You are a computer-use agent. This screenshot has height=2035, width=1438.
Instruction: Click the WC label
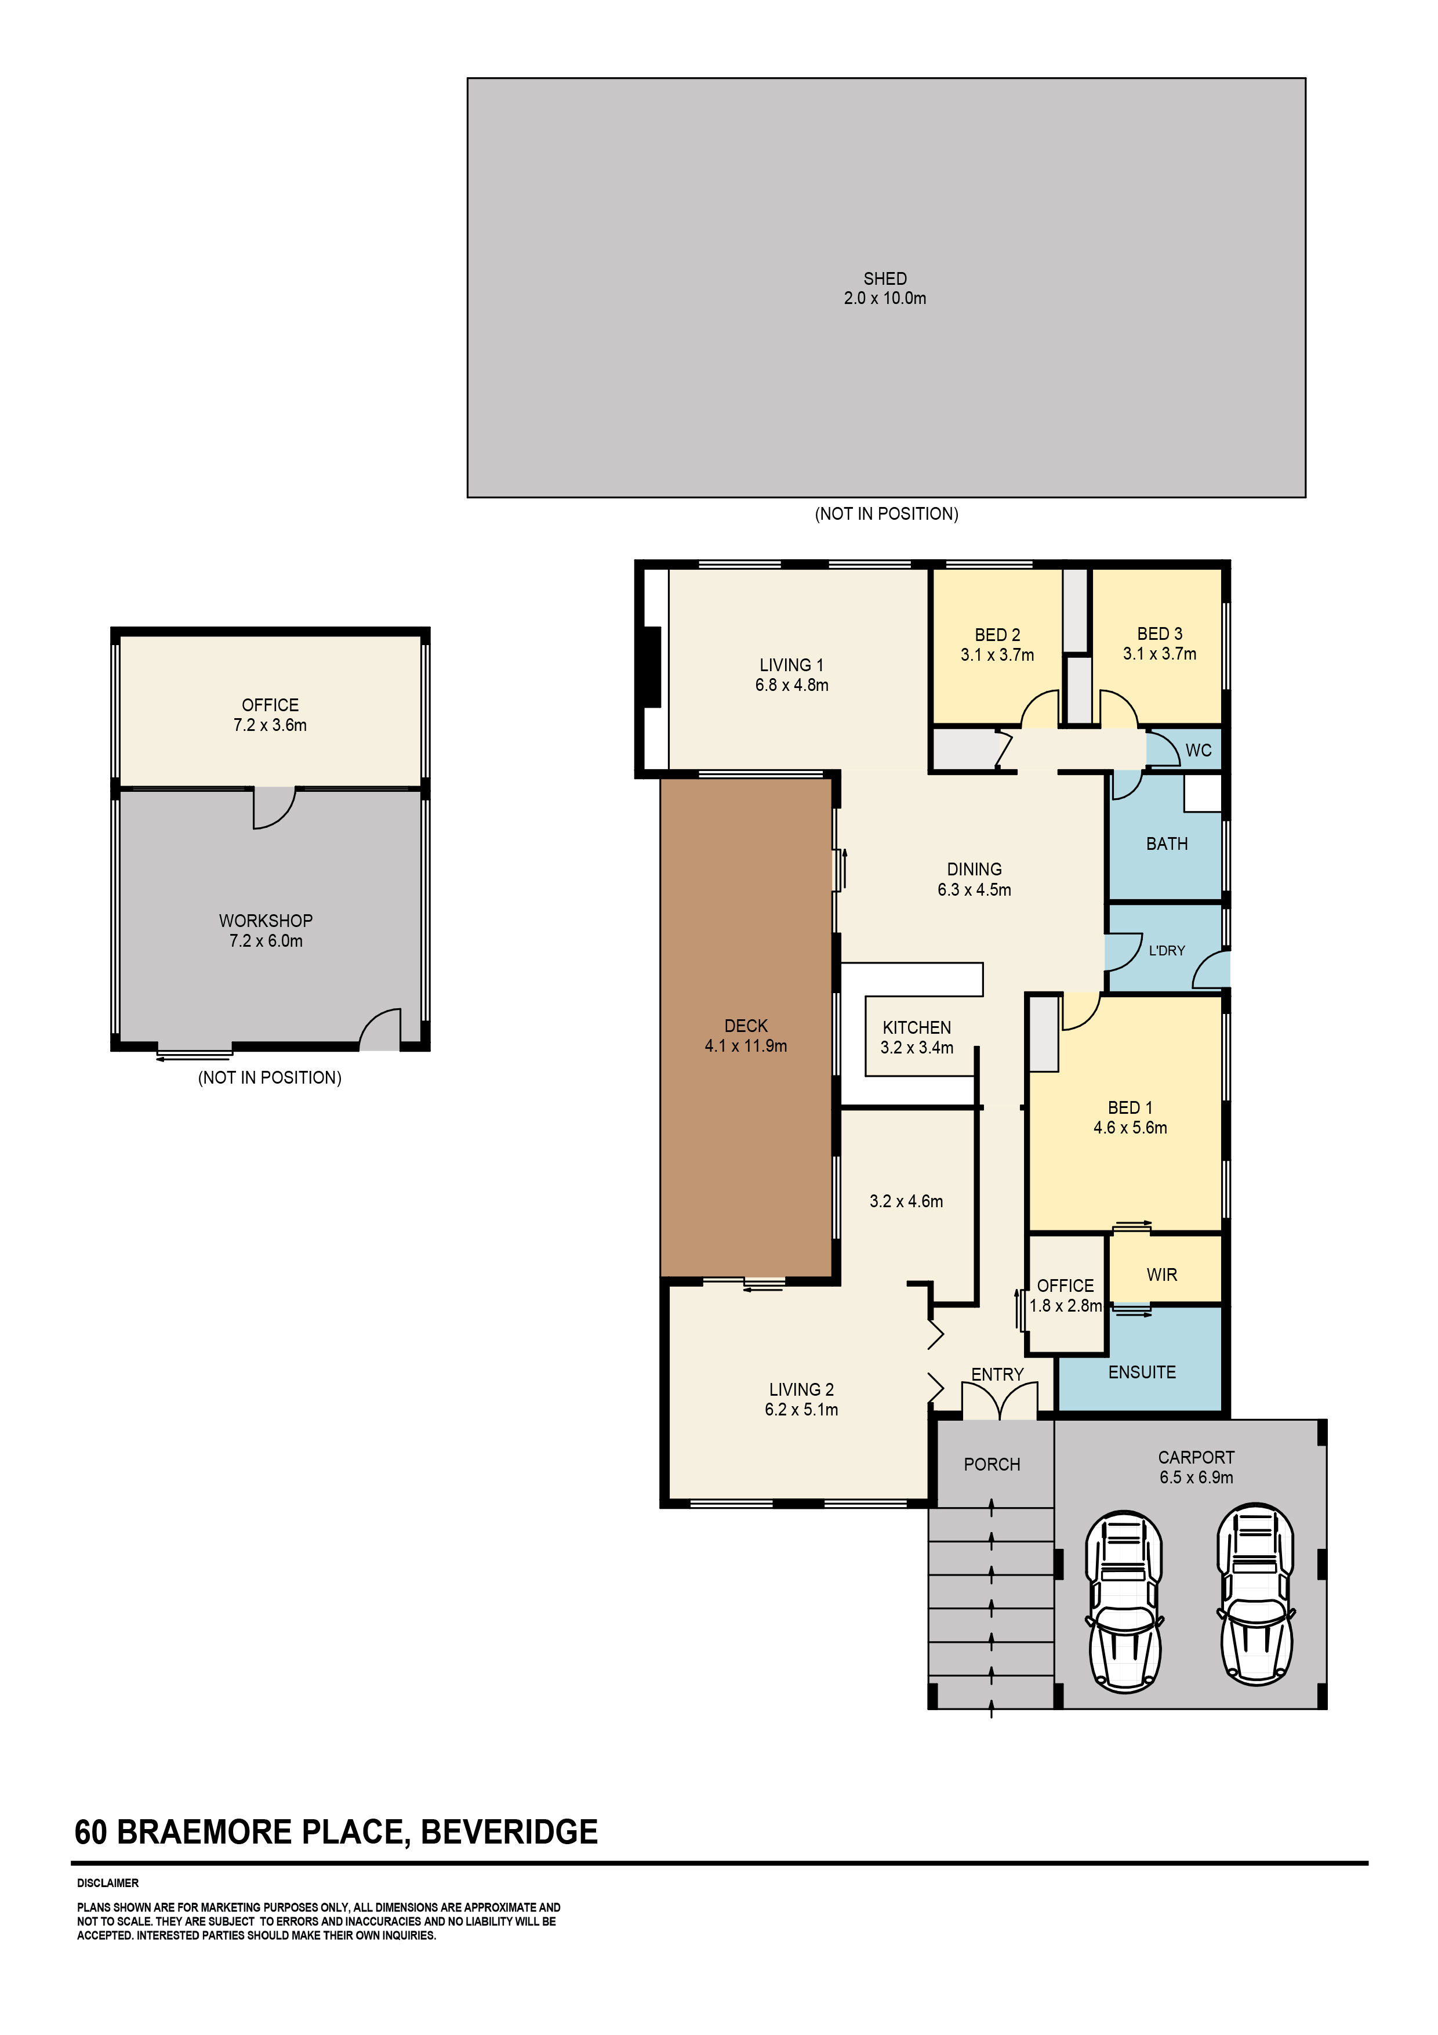[x=1198, y=750]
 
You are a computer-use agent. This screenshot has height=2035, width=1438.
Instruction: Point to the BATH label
[x=1167, y=844]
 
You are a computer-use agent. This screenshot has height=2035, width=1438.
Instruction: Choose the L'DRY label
[x=1167, y=950]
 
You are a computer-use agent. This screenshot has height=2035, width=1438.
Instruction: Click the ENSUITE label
[x=1142, y=1372]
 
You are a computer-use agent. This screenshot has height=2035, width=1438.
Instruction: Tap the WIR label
[x=1161, y=1274]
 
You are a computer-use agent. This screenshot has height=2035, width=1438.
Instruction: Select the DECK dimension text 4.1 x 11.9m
[x=746, y=1046]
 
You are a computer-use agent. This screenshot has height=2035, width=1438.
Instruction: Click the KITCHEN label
[x=917, y=1027]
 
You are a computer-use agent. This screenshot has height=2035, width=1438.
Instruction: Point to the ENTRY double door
[x=1000, y=1402]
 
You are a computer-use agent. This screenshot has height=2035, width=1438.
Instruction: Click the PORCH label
[x=992, y=1464]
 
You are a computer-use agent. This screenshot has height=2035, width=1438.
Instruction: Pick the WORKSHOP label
[x=266, y=921]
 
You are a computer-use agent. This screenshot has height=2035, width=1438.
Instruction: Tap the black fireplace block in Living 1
[x=652, y=667]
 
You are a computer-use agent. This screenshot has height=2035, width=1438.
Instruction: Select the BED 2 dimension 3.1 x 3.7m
[x=998, y=655]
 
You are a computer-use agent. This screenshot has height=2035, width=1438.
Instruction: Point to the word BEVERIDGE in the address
[x=510, y=1832]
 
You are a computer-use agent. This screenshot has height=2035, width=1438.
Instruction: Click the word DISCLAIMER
[x=108, y=1882]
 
